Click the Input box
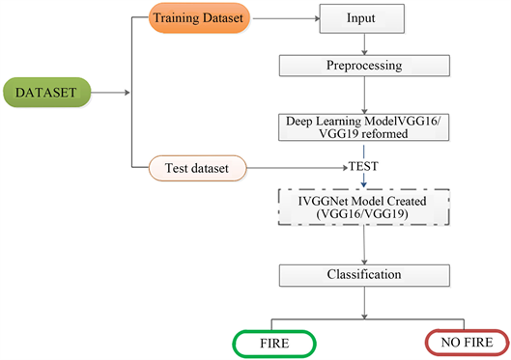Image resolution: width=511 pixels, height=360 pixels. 363,18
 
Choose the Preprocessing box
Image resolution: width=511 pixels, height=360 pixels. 363,66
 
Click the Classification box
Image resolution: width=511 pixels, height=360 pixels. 363,275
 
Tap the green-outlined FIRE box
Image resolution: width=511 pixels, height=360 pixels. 273,342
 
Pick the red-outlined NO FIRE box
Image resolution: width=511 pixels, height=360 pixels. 465,342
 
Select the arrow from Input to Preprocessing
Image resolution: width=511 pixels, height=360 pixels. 363,42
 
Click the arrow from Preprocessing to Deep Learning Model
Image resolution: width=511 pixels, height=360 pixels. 363,95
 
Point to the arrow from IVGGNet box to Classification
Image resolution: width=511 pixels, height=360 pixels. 363,245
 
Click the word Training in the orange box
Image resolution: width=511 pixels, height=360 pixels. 175,18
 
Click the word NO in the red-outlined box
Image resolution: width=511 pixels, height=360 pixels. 449,342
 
